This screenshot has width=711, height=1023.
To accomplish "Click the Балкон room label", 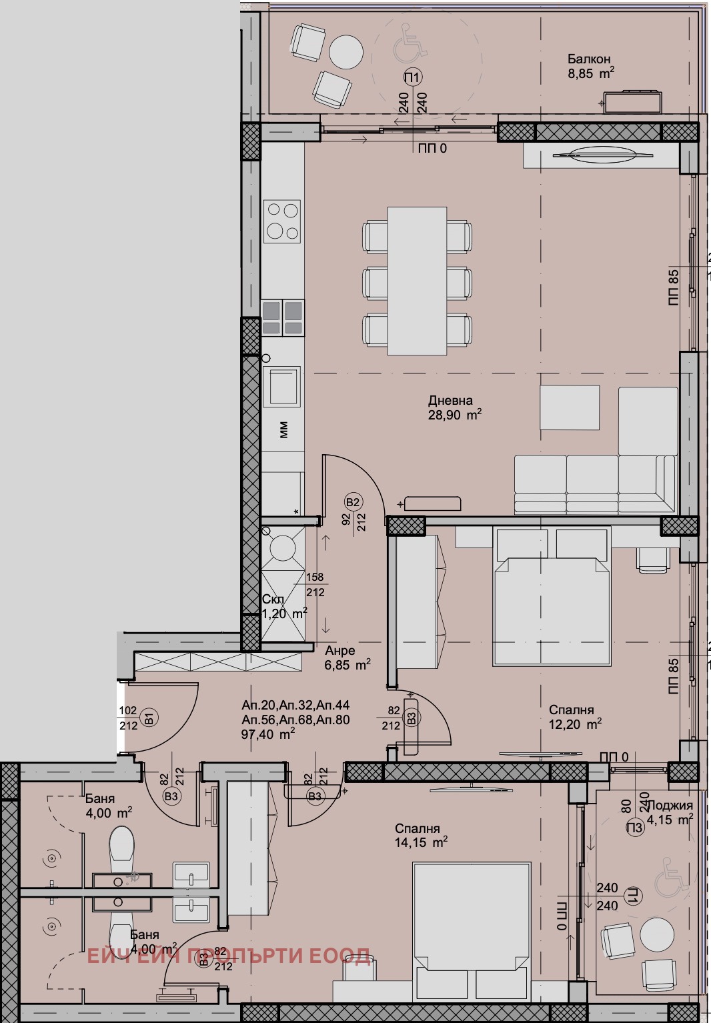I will pos(589,59).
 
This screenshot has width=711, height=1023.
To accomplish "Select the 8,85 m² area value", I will pos(590,74).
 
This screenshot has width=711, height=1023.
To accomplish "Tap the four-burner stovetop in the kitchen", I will pos(281,221).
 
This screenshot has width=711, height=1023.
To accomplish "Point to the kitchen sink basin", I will pos(281,386).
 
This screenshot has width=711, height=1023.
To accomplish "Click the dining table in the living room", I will pos(417,281).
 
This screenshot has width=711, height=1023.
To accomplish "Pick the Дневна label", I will pos(450,401).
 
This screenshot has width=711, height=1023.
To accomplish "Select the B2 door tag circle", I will pos(353,502).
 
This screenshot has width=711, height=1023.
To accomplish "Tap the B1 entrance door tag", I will pos(149,718).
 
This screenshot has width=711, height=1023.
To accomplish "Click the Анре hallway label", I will pos(340,651).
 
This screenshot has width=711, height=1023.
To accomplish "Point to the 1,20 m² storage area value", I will pos(284,614).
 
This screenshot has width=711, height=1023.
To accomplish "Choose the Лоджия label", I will pos(669,806).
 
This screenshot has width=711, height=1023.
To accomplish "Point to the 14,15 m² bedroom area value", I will pos(421,843).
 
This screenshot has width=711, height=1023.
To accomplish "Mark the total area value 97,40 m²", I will pos(267,734).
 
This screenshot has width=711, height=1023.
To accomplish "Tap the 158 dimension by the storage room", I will pos(314,578).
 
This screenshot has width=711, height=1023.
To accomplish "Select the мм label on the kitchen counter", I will pos(283,430).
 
